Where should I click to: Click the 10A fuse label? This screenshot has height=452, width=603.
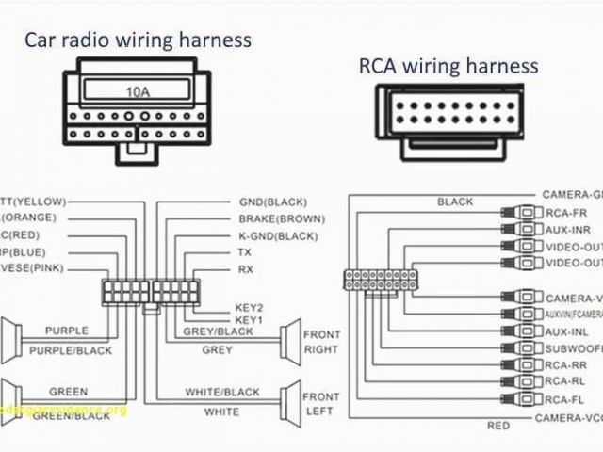(x=138, y=92)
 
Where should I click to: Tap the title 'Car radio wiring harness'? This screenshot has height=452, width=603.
(x=138, y=40)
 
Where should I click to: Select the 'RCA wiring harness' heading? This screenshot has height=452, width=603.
(x=448, y=65)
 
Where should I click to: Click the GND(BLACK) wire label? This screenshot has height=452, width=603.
(x=273, y=202)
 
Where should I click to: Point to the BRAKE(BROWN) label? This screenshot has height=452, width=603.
(x=282, y=218)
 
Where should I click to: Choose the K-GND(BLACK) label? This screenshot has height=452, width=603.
(x=278, y=235)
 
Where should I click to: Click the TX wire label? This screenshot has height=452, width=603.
(x=245, y=252)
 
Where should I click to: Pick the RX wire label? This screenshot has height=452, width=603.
(x=245, y=269)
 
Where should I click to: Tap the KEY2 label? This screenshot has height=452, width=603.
(x=249, y=308)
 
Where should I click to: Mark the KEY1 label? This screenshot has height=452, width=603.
(x=249, y=320)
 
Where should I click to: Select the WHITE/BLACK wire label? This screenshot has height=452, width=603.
(x=221, y=392)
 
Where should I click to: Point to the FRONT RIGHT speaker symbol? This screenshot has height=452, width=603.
(x=288, y=340)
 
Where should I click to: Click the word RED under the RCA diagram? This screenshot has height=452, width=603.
(x=497, y=426)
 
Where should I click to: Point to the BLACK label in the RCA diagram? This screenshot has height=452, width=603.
(x=455, y=202)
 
